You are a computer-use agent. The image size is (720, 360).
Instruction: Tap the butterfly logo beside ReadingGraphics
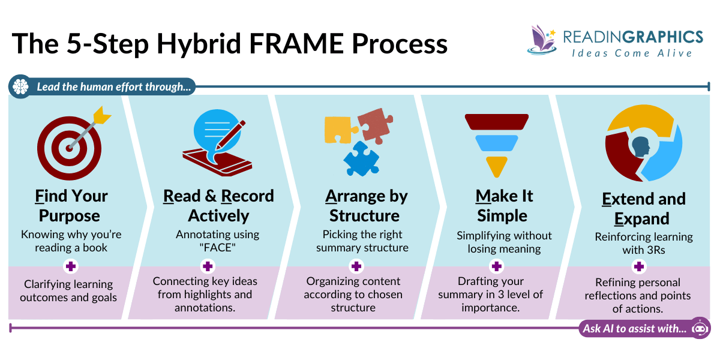pyautogui.click(x=542, y=39)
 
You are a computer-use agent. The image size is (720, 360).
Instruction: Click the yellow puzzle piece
pyautogui.click(x=338, y=129)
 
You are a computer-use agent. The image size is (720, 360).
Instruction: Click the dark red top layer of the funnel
pyautogui.click(x=496, y=122)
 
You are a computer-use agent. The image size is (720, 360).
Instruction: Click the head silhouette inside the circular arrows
pyautogui.click(x=641, y=146)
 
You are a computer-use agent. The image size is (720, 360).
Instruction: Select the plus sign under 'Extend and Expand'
pyautogui.click(x=639, y=266)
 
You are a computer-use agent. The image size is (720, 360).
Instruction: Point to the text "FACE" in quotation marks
pyautogui.click(x=218, y=247)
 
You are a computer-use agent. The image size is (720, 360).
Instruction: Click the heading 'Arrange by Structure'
pyautogui.click(x=366, y=205)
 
